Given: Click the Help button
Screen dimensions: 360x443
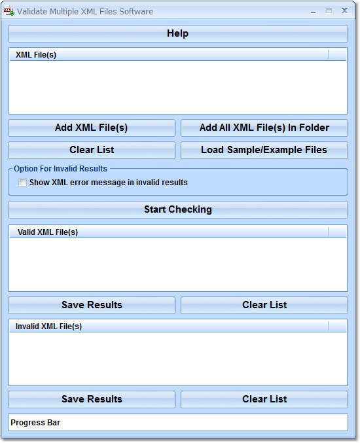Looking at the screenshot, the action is coord(178,33).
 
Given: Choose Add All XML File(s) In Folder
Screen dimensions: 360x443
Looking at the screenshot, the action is coord(264,128).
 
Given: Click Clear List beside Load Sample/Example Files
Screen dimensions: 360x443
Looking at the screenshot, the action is coord(92,150).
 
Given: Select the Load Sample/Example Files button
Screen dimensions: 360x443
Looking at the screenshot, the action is coord(264,150).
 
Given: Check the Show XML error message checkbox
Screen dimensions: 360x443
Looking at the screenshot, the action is coord(22,182).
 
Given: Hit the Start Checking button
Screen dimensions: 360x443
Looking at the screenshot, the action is coord(178,209).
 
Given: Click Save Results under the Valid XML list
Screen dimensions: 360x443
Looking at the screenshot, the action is coord(92,305).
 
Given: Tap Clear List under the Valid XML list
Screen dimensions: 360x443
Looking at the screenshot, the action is coord(264,305).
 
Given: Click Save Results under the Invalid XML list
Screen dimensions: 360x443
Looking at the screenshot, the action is coord(92,400).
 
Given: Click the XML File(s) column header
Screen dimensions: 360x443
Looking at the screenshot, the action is coord(169,54).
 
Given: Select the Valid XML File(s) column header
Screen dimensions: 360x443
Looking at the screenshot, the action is coord(169,232).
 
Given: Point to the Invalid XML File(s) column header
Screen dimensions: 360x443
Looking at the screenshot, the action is coord(169,327).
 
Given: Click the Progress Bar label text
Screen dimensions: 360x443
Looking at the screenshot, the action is coord(35,422).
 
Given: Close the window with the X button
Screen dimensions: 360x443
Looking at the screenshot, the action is coord(344,10).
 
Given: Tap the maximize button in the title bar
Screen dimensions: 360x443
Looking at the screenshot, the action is coord(329,11).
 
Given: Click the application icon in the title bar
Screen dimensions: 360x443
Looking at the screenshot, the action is coord(9,12).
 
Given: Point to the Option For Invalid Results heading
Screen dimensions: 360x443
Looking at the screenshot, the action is coord(60,169).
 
